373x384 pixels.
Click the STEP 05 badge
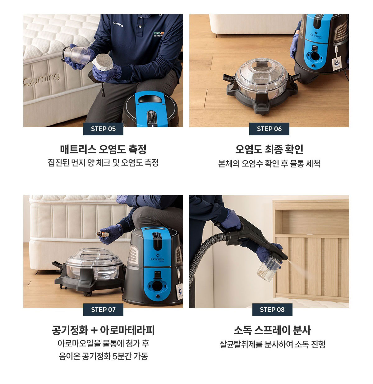(x=103, y=129)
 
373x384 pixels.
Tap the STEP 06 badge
(x=269, y=129)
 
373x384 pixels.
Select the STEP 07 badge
(x=103, y=310)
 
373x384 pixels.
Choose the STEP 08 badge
(x=272, y=310)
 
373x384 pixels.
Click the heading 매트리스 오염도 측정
(x=103, y=149)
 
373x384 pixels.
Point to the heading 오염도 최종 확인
(x=269, y=149)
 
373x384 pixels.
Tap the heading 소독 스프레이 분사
(x=272, y=330)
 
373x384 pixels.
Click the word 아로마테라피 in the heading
(x=127, y=330)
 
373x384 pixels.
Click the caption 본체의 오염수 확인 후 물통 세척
(x=269, y=163)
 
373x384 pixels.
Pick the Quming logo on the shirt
(x=118, y=24)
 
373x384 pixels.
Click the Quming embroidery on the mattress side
(x=42, y=79)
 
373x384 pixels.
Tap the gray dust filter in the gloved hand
(x=103, y=62)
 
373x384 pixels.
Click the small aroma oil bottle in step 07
(x=102, y=234)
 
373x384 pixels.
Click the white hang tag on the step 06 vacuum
(x=337, y=63)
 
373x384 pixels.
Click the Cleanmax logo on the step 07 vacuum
(x=157, y=258)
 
